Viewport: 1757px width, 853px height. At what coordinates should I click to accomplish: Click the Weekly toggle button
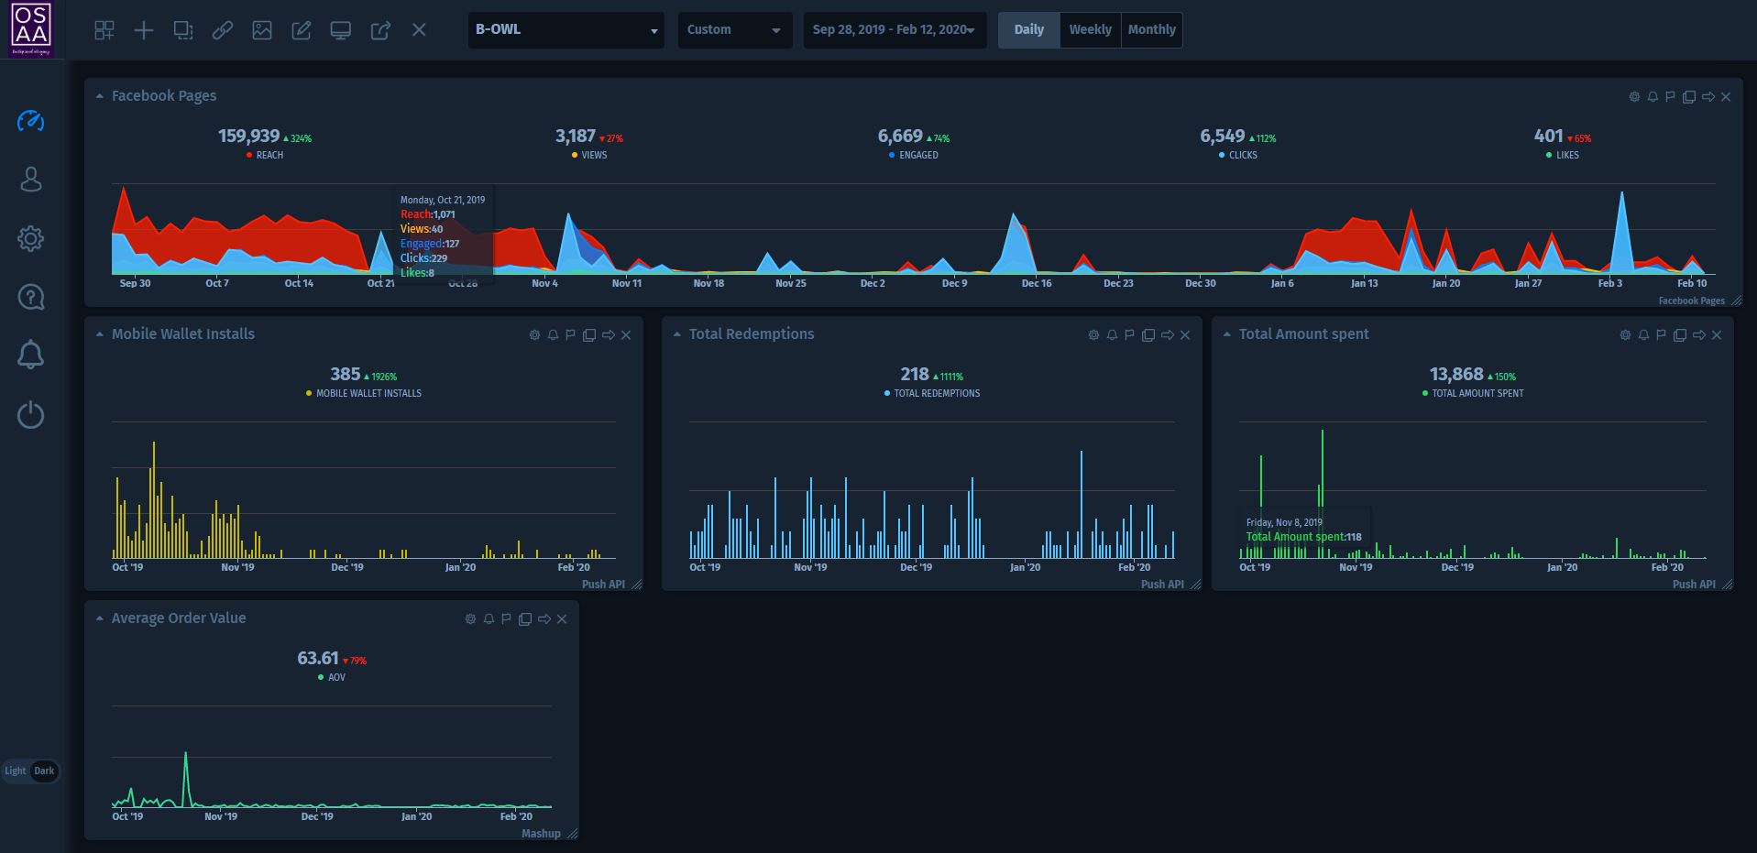[1090, 29]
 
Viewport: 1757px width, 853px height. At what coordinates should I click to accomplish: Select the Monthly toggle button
[1151, 29]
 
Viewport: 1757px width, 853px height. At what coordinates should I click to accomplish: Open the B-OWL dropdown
[566, 29]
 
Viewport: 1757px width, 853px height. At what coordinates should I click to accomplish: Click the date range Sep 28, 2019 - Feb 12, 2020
[894, 29]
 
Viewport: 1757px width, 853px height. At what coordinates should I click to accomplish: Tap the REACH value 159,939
[248, 137]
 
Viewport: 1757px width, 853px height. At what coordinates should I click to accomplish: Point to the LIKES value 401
[1548, 137]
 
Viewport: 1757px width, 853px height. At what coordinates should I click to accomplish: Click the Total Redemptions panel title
[751, 334]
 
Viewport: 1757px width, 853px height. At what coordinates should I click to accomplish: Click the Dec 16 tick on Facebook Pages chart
[1037, 283]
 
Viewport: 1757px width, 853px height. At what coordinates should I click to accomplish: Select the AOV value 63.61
[317, 659]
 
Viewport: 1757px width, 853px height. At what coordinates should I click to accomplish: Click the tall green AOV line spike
[186, 757]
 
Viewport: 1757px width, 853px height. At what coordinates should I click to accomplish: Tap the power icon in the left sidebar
[30, 415]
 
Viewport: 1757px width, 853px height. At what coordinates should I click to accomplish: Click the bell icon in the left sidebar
[30, 355]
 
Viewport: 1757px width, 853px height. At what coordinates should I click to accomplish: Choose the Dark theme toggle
[44, 771]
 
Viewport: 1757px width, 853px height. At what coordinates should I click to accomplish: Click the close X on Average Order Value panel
[562, 619]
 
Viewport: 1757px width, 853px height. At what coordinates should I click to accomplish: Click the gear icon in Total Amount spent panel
[1625, 335]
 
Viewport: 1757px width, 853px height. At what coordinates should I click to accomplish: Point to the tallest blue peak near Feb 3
[1622, 195]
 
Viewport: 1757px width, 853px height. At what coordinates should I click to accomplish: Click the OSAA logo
[31, 29]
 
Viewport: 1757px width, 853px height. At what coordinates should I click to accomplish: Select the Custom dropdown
[734, 29]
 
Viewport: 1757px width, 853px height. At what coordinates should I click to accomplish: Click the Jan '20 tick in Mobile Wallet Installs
[460, 567]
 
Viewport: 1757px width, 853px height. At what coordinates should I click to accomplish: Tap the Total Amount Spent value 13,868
[1455, 375]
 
